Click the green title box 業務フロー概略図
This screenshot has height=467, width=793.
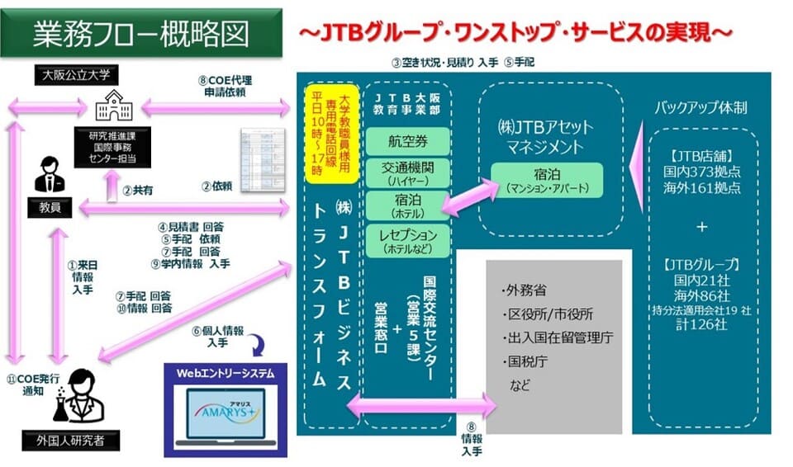[x=140, y=34]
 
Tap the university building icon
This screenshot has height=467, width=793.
[x=113, y=108]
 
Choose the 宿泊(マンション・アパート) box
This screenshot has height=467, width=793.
[x=546, y=180]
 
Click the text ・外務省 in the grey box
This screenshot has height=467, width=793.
[x=524, y=291]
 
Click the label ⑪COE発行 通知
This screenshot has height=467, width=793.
[x=30, y=385]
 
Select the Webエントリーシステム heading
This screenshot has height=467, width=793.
[x=225, y=373]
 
